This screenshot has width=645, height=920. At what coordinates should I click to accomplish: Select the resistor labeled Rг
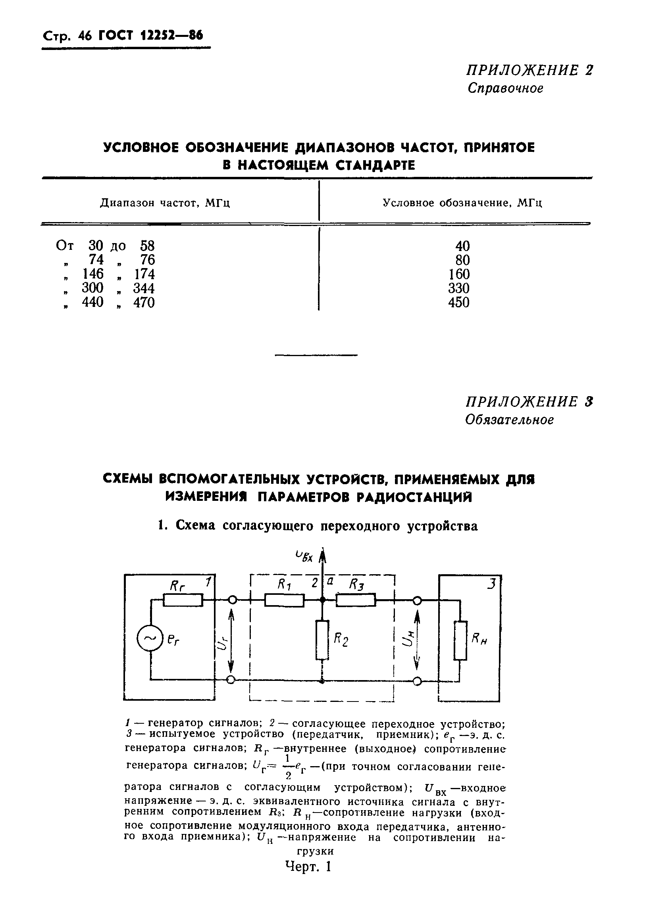pos(183,600)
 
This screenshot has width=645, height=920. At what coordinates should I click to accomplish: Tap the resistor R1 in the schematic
pos(284,600)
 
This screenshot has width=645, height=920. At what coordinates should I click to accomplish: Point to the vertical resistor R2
pos(322,640)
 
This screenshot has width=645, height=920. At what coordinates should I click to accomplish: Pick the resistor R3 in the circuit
pos(355,600)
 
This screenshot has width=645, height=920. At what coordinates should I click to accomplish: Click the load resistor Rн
pos(460,640)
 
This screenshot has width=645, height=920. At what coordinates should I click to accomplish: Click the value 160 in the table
pos(459,274)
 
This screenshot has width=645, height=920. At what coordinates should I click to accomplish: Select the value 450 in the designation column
pos(459,302)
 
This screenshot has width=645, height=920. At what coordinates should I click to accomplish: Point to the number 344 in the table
pos(144,288)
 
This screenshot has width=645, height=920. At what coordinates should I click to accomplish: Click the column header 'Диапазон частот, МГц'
pos(165,203)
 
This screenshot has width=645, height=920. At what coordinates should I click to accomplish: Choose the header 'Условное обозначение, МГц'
pos(462,203)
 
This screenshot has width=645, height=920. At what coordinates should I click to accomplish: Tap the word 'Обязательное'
pos(509,420)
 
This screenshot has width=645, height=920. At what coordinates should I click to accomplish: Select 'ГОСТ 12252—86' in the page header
pos(151,36)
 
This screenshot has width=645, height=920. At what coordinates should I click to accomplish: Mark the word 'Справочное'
pos(505,88)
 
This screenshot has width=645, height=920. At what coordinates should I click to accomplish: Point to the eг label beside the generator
pos(174,641)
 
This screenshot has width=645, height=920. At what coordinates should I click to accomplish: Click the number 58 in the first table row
pos(147,245)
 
